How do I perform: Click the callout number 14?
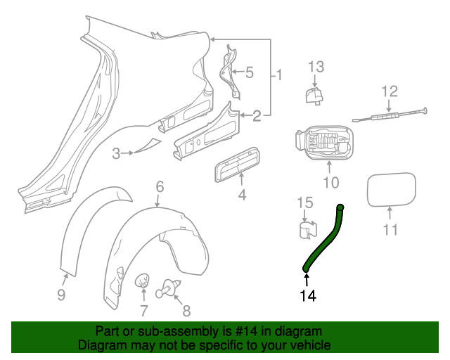pyautogui.click(x=307, y=296)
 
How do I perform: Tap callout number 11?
pyautogui.click(x=390, y=229)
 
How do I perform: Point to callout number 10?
pyautogui.click(x=330, y=184)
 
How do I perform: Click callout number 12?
pyautogui.click(x=390, y=91)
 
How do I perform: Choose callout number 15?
pyautogui.click(x=303, y=203)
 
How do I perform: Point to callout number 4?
pyautogui.click(x=242, y=193)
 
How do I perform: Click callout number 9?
pyautogui.click(x=61, y=295)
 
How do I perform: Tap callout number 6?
pyautogui.click(x=160, y=186)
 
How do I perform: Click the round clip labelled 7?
pyautogui.click(x=143, y=282)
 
